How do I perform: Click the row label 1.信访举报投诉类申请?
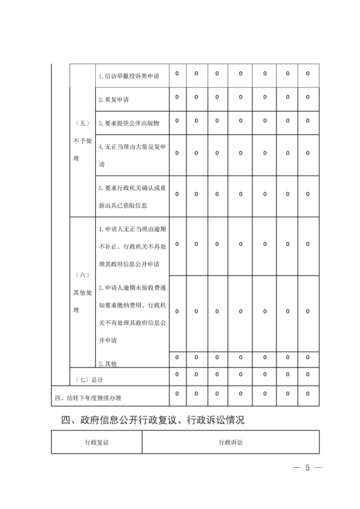point(128,76)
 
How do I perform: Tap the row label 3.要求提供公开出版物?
point(128,123)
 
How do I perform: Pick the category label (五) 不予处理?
point(82,141)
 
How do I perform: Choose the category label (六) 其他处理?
point(82,293)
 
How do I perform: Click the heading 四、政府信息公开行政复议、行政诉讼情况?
point(153,420)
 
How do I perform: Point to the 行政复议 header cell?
point(96,442)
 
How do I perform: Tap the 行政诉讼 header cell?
point(231,442)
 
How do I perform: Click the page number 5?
point(307,468)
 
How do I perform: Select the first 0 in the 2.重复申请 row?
point(177,97)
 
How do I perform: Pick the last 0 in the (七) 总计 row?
point(308,374)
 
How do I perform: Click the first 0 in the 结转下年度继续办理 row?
point(177,394)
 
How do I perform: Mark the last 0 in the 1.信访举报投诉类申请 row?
point(308,73)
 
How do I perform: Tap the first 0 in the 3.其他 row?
point(177,357)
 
